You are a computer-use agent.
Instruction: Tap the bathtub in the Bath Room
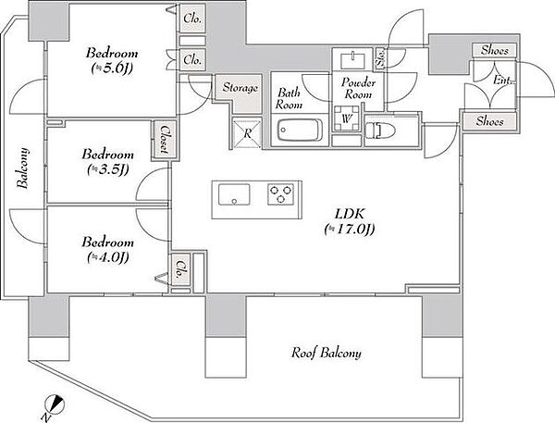[300, 130]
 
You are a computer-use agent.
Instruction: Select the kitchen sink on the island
[234, 194]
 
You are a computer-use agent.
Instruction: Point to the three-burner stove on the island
[280, 194]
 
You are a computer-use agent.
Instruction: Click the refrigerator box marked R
[247, 133]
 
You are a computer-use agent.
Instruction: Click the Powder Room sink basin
[353, 60]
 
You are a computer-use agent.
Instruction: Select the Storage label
[240, 88]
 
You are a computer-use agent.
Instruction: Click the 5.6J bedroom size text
[112, 68]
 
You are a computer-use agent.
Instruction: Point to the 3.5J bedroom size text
[107, 169]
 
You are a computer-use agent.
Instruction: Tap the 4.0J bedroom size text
[107, 257]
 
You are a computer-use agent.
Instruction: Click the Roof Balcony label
[326, 353]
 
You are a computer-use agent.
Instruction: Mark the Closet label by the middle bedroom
[164, 140]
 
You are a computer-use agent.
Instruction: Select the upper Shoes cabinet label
[495, 51]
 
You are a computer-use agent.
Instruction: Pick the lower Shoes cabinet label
[489, 121]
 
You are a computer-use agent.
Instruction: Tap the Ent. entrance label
[503, 81]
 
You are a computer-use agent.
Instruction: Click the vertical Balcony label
[23, 168]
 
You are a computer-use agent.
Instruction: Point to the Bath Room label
[290, 98]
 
